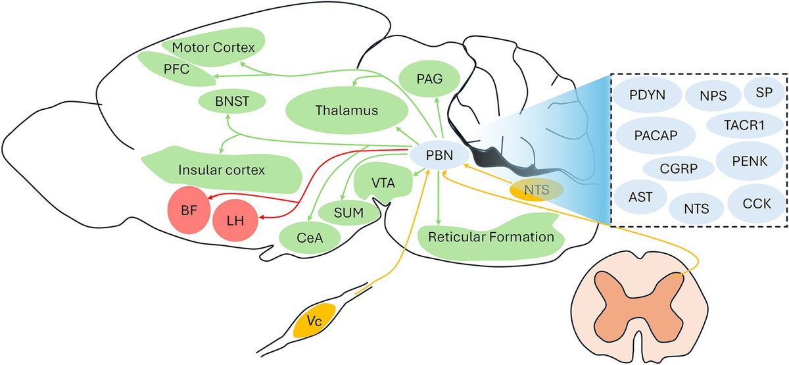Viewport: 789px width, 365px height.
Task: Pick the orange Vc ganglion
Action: click(314, 320)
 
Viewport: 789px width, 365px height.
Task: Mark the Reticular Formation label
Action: click(490, 236)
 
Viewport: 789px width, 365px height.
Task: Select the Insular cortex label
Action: click(221, 170)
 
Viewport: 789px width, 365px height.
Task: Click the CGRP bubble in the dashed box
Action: click(679, 167)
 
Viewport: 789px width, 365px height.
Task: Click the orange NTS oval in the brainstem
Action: click(536, 189)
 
